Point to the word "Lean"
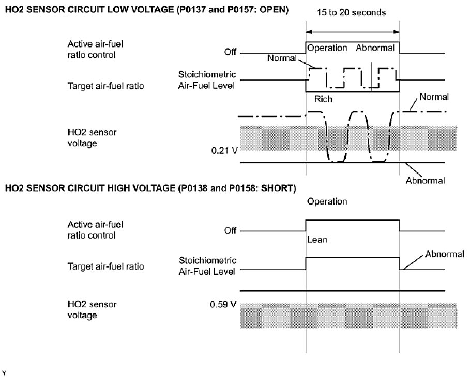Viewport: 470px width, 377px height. coord(318,240)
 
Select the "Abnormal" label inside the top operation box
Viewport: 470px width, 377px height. coord(375,48)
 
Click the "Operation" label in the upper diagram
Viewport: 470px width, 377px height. coord(327,48)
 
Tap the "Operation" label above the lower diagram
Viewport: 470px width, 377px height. coord(327,201)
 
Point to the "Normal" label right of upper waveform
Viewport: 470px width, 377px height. coord(434,97)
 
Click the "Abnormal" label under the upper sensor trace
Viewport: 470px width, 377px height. coord(426,181)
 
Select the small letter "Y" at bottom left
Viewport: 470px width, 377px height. coord(5,372)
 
